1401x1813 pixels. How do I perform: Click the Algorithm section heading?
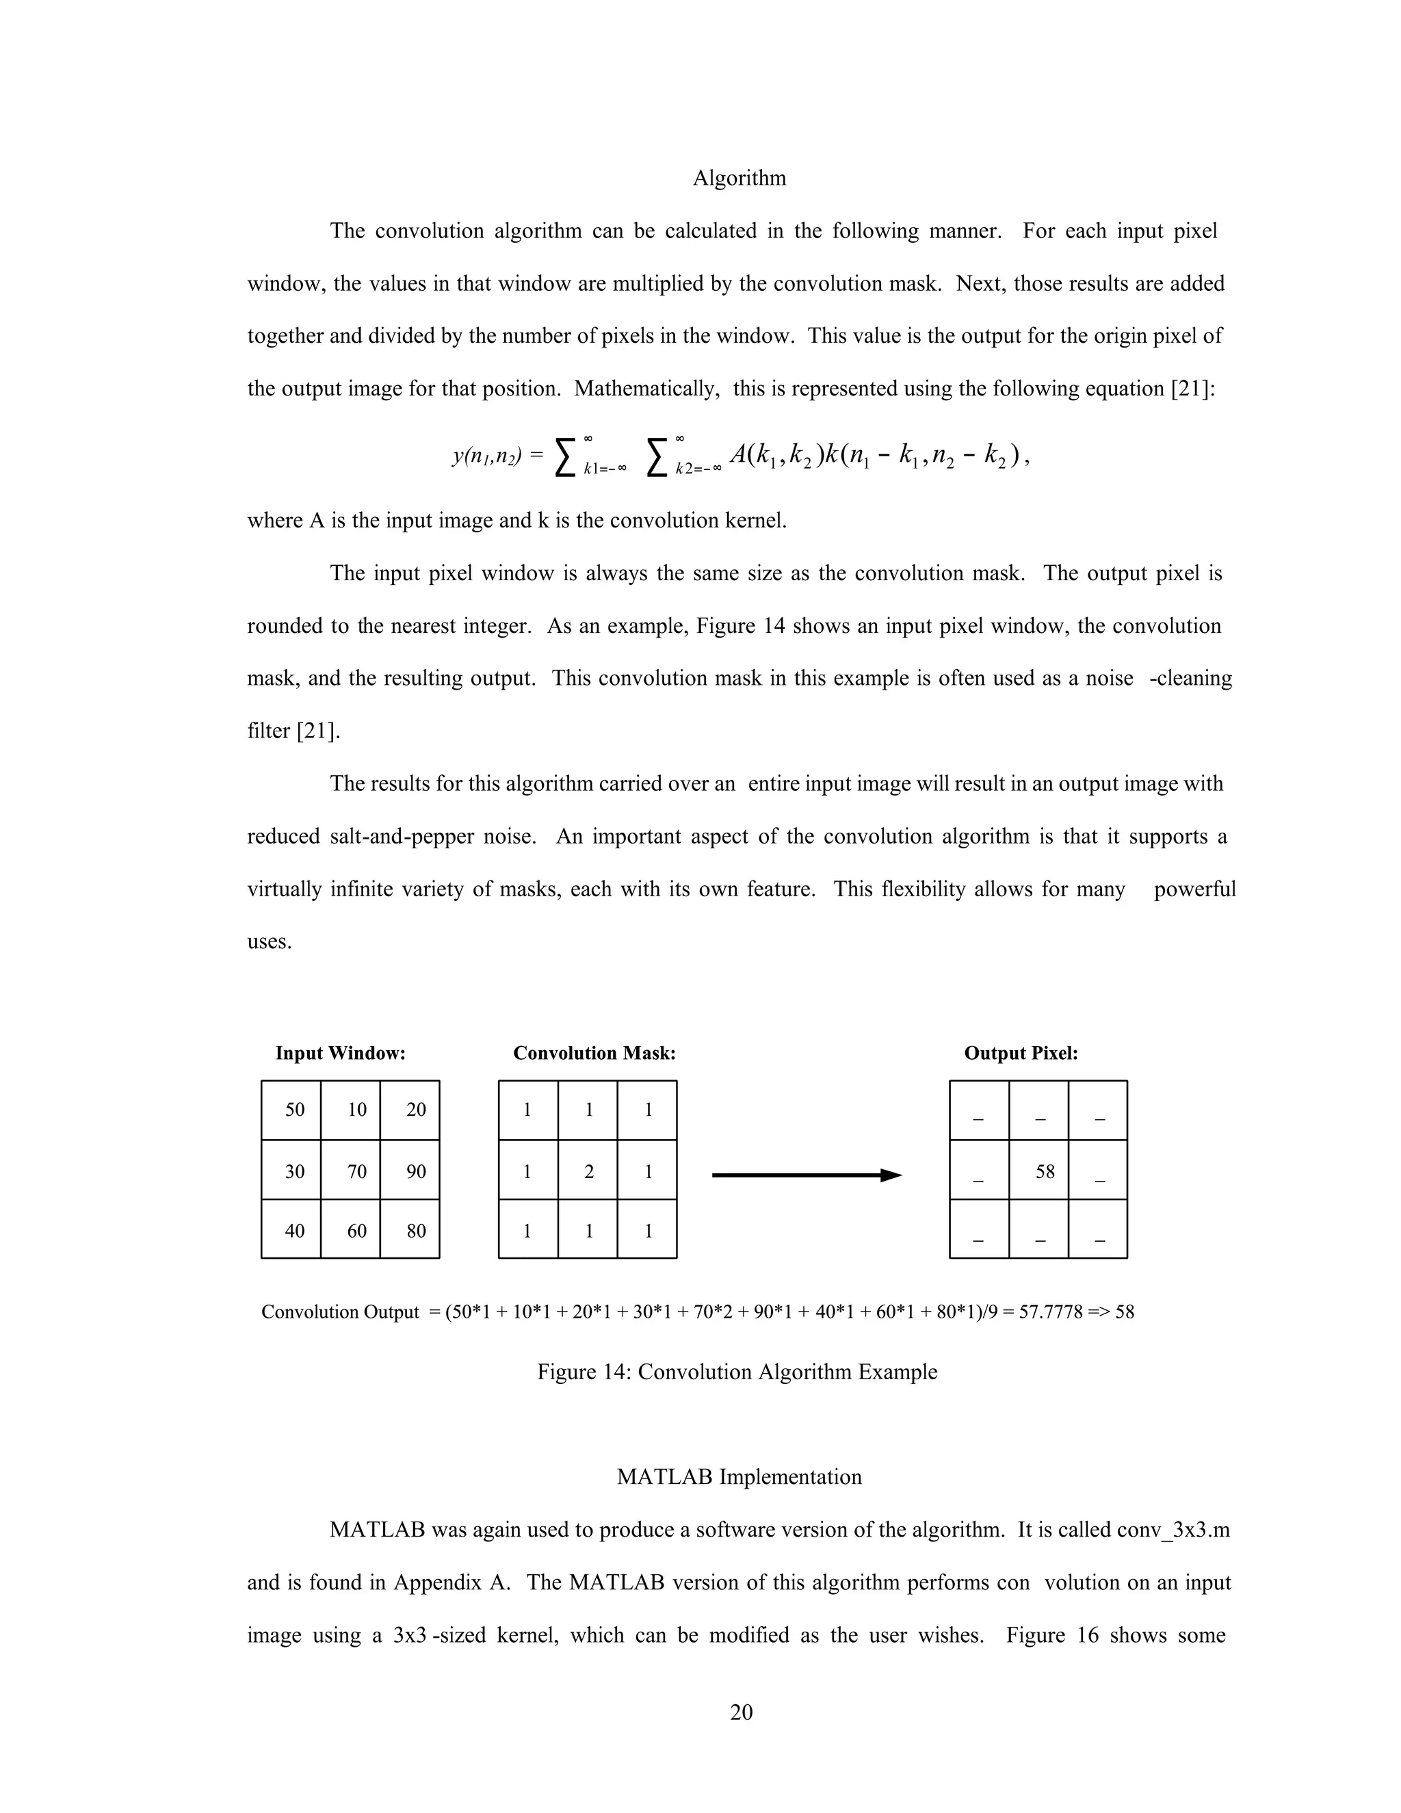click(739, 179)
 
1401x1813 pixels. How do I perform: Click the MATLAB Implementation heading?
click(739, 1477)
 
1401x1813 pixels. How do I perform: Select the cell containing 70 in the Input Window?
click(356, 1171)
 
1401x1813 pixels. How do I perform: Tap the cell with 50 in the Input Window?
click(295, 1110)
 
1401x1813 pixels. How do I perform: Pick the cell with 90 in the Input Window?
click(416, 1171)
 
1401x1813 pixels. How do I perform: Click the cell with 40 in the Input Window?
click(295, 1230)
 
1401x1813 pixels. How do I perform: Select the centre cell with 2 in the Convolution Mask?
click(588, 1171)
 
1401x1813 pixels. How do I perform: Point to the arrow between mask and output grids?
click(806, 1175)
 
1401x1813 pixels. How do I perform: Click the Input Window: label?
click(340, 1054)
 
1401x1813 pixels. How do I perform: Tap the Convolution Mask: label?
click(594, 1054)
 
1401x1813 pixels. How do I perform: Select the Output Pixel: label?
click(1021, 1054)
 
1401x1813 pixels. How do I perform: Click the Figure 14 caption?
click(737, 1372)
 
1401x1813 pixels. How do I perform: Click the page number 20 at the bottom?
click(741, 1712)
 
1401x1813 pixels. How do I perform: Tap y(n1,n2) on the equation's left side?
click(486, 456)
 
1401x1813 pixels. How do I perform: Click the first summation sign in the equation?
click(564, 458)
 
